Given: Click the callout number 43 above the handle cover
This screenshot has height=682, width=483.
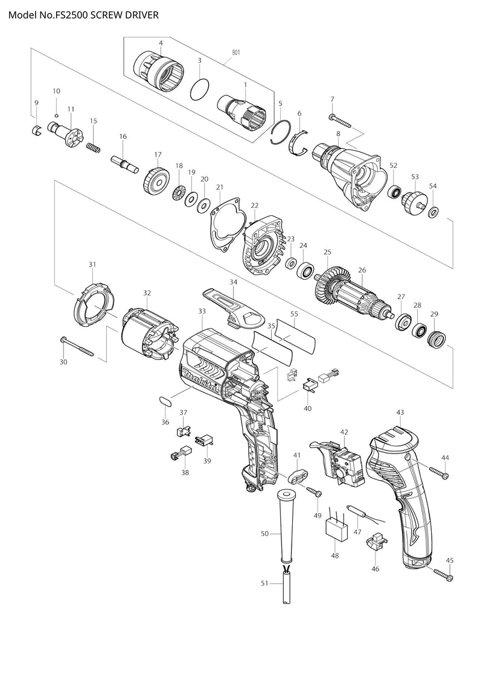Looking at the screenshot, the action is click(400, 412).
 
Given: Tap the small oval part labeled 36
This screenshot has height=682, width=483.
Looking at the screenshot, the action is click(165, 400).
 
